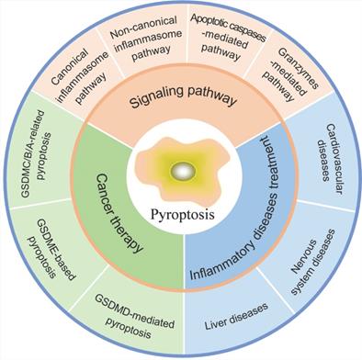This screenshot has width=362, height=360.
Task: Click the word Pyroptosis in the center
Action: pyautogui.click(x=181, y=214)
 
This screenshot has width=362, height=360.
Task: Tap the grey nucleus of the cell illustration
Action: pyautogui.click(x=183, y=171)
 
